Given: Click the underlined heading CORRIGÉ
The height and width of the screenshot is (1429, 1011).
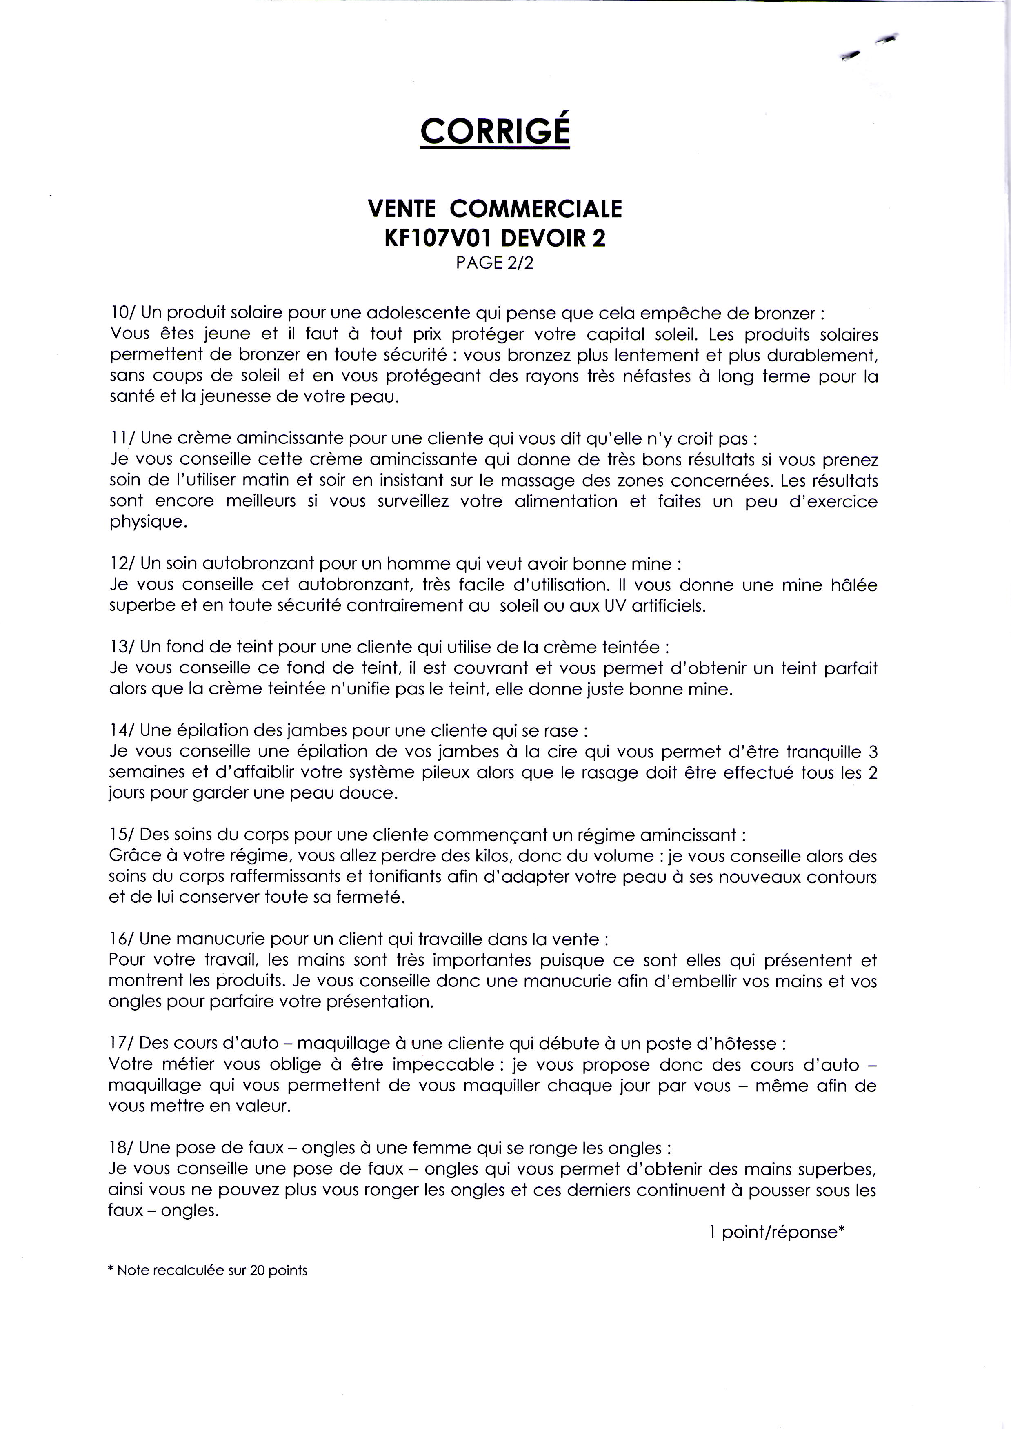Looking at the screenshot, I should pos(495,130).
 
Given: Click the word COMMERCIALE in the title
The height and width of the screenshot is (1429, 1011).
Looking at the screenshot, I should pos(535,209).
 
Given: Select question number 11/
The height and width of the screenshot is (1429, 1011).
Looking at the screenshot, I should pos(121,438).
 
